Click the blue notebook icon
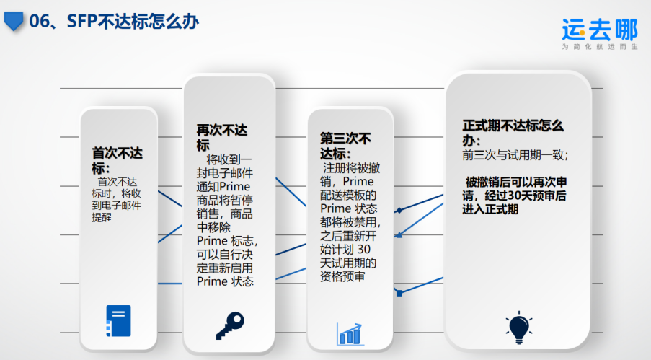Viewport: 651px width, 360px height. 118,321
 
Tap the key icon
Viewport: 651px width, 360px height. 230,325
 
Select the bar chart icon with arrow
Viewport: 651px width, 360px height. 350,334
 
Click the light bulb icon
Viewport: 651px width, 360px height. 519,327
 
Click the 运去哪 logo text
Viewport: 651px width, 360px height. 600,30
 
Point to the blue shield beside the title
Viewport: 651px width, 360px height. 13,21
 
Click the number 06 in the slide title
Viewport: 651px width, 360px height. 39,21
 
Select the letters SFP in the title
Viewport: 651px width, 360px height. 81,21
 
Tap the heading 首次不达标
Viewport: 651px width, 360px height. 117,160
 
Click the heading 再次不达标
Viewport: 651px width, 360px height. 222,138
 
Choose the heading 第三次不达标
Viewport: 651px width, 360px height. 345,146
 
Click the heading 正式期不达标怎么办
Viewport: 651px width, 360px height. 513,133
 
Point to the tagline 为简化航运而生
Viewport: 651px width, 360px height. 600,47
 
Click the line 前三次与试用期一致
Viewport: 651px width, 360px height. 515,155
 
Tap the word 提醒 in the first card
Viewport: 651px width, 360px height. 102,217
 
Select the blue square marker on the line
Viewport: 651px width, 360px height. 399,294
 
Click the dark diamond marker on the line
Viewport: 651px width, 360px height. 399,211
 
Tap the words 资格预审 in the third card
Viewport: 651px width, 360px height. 342,276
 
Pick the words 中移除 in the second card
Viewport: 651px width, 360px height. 213,227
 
